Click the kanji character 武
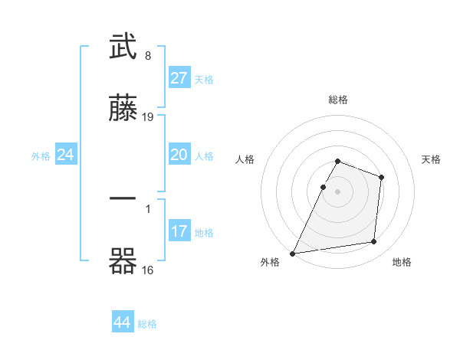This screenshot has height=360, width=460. [123, 48]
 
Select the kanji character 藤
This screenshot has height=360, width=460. [123, 110]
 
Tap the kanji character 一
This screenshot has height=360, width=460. [123, 200]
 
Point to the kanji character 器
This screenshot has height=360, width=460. [123, 261]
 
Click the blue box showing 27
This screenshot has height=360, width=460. [179, 78]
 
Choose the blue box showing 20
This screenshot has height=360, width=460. [179, 155]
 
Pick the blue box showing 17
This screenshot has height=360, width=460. [179, 231]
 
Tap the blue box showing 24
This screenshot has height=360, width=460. [65, 155]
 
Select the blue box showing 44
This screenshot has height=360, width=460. [122, 322]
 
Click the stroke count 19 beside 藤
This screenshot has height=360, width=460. [148, 117]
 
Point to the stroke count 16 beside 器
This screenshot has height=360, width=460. [148, 270]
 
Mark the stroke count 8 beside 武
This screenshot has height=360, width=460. [147, 56]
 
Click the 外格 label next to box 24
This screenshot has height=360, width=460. [41, 156]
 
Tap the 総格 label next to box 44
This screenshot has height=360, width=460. [147, 324]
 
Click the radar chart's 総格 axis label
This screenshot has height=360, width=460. [337, 100]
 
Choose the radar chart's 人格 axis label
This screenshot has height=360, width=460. [245, 159]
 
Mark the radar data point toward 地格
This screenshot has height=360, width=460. [374, 242]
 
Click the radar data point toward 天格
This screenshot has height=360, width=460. [380, 177]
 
